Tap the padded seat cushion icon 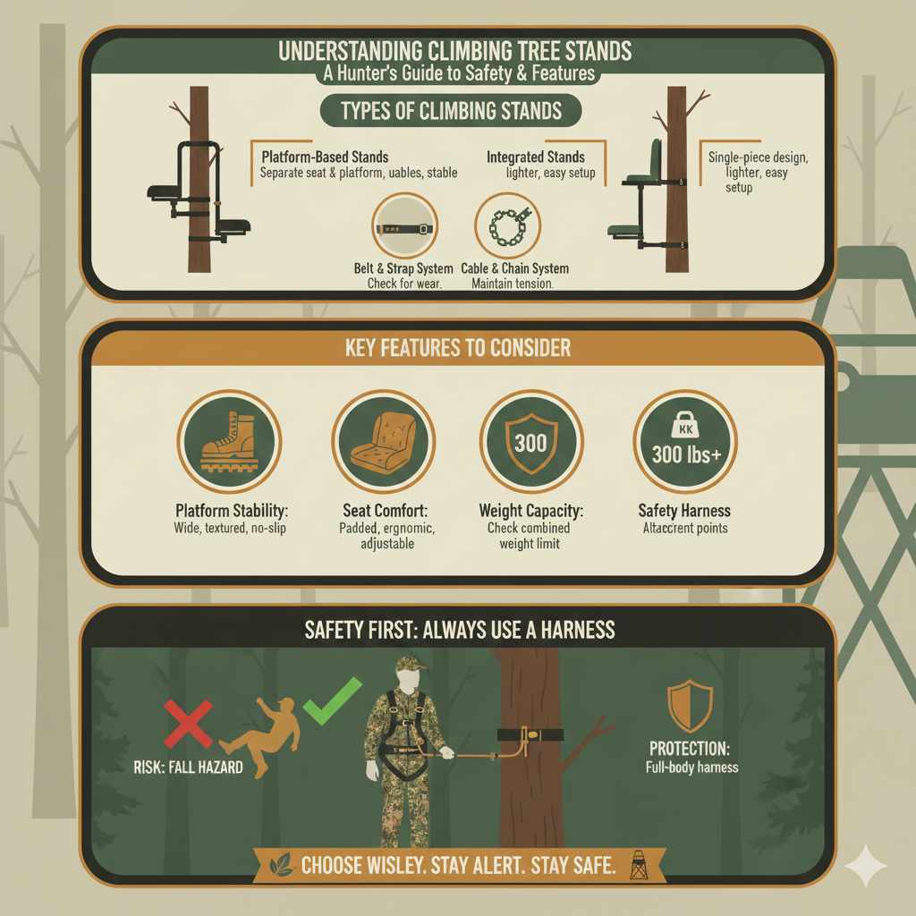point(383,442)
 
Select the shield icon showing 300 point(530,442)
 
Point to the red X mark point(188,723)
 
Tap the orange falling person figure point(259,738)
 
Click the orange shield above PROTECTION point(690,705)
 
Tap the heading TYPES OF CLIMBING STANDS point(451,111)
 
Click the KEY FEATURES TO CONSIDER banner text point(457,347)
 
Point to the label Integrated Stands point(535,157)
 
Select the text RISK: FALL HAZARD point(182,767)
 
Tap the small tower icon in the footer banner point(638,862)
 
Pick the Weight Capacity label point(530,511)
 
